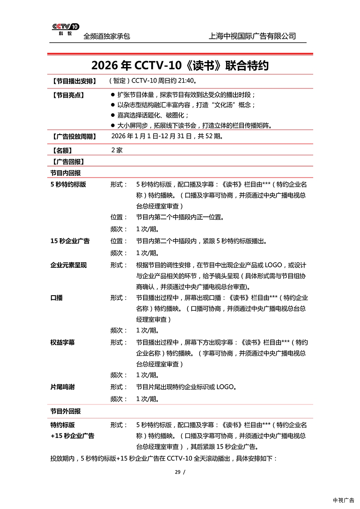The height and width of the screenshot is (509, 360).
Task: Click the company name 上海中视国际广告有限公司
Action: pyautogui.click(x=252, y=36)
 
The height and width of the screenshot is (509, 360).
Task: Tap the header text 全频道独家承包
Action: pyautogui.click(x=106, y=37)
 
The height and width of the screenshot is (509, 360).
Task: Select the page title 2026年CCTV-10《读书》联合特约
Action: pyautogui.click(x=180, y=66)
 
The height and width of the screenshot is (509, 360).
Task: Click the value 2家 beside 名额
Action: pyautogui.click(x=117, y=150)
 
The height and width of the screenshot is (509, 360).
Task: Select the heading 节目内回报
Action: pyautogui.click(x=65, y=173)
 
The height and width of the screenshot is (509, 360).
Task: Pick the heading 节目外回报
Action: pyautogui.click(x=65, y=411)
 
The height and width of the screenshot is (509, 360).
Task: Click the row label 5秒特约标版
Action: pyautogui.click(x=68, y=184)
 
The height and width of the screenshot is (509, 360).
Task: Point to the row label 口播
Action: pyautogui.click(x=57, y=298)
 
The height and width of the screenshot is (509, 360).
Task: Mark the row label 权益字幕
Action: pyautogui.click(x=62, y=342)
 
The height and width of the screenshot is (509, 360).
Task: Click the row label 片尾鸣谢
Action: pyautogui.click(x=62, y=387)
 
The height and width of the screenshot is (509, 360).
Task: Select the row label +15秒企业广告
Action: pyautogui.click(x=72, y=436)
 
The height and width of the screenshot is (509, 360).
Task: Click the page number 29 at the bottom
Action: pyautogui.click(x=178, y=472)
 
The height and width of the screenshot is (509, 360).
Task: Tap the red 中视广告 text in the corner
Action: pyautogui.click(x=344, y=501)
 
